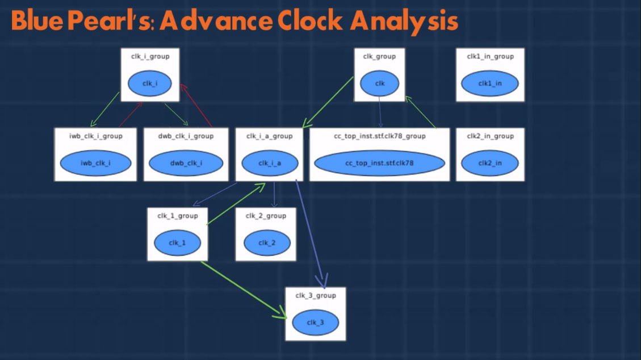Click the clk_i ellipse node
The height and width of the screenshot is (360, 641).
point(150,83)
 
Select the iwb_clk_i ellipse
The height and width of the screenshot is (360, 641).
point(95,163)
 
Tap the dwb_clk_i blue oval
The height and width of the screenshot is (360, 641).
point(186,163)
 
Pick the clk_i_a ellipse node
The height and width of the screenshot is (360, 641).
point(270,163)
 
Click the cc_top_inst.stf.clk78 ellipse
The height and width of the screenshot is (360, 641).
point(379,163)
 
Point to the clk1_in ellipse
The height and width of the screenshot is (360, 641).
point(490,83)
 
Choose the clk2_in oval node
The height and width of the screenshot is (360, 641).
point(490,163)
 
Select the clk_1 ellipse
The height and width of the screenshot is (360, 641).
point(177,242)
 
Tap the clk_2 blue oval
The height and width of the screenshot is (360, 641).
point(267,242)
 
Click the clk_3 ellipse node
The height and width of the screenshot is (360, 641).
point(315,323)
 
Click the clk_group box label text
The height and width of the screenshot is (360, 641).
point(379,56)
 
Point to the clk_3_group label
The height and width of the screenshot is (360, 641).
point(316,295)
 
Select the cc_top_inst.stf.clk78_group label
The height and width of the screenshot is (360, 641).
point(380,136)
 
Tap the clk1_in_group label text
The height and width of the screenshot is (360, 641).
point(490,56)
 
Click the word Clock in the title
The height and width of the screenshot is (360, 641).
point(310,20)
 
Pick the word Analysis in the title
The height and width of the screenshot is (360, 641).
point(404,22)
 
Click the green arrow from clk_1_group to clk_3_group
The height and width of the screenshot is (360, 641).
point(244,290)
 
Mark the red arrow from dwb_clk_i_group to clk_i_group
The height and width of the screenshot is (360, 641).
point(196,106)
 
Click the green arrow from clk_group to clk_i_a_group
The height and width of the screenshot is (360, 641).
point(328,102)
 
